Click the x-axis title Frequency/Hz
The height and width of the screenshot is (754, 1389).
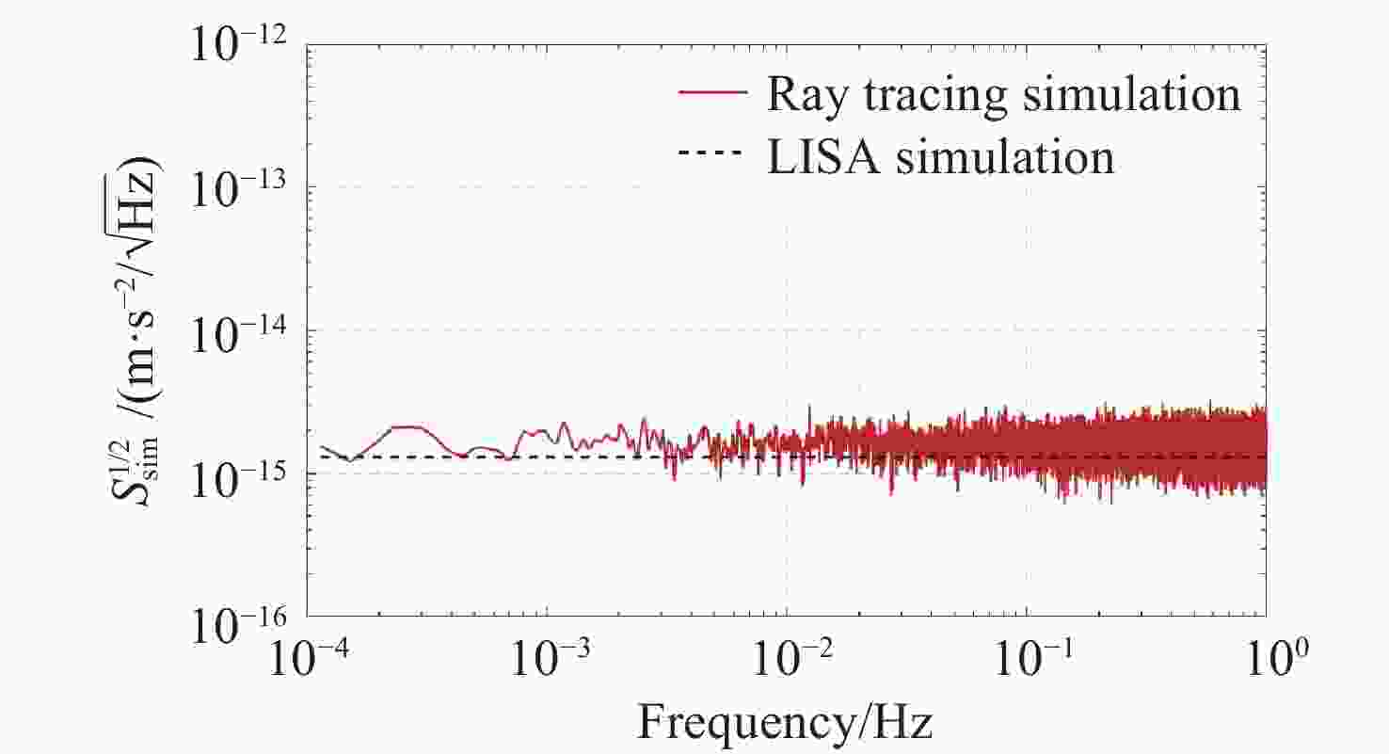[786, 724]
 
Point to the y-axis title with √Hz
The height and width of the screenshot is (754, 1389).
[141, 330]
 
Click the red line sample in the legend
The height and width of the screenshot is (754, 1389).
[712, 95]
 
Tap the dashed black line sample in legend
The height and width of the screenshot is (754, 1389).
[712, 155]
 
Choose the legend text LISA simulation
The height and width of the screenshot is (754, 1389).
[940, 156]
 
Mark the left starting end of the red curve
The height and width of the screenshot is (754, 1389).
[321, 447]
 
